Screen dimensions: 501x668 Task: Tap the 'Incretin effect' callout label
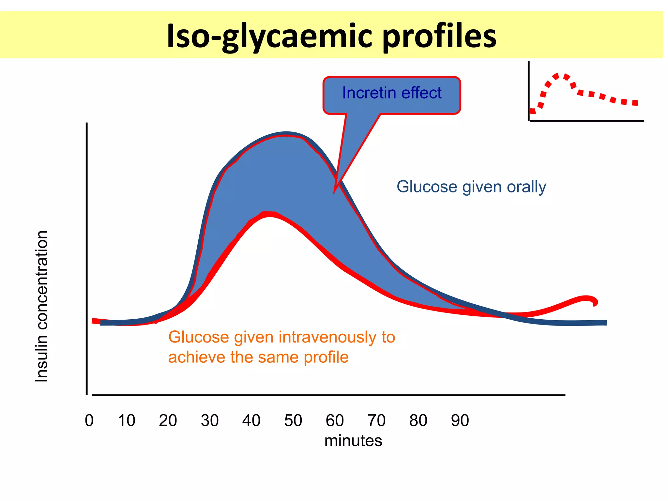(x=391, y=93)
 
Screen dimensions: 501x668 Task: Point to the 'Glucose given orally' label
(x=471, y=187)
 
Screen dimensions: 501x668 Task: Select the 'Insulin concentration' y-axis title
(x=42, y=306)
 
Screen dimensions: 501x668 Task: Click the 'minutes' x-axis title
(x=353, y=441)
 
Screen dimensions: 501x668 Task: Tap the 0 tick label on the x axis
(x=89, y=420)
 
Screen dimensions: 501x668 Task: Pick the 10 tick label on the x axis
(x=126, y=420)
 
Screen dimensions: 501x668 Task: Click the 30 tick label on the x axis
(x=210, y=420)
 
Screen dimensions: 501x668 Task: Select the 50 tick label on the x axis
(x=293, y=420)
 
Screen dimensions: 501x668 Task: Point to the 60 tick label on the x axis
(x=335, y=420)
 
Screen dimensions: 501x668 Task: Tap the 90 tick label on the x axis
(x=460, y=420)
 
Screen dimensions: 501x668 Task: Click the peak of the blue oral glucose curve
(x=286, y=133)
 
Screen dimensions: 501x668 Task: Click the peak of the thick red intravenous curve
(x=268, y=214)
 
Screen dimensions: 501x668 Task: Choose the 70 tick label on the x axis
(x=376, y=420)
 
